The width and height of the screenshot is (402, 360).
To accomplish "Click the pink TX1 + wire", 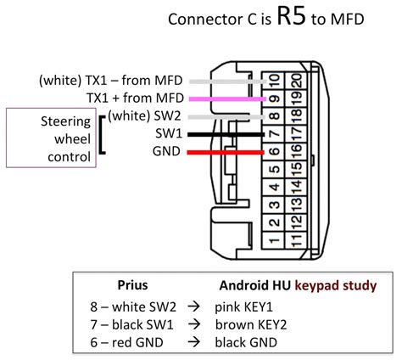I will coord(227,99).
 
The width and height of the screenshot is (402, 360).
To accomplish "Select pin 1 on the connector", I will coord(272,242).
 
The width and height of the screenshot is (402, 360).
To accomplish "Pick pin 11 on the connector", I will coord(292,242).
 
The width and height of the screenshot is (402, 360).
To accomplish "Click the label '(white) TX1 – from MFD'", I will coord(112,80).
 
